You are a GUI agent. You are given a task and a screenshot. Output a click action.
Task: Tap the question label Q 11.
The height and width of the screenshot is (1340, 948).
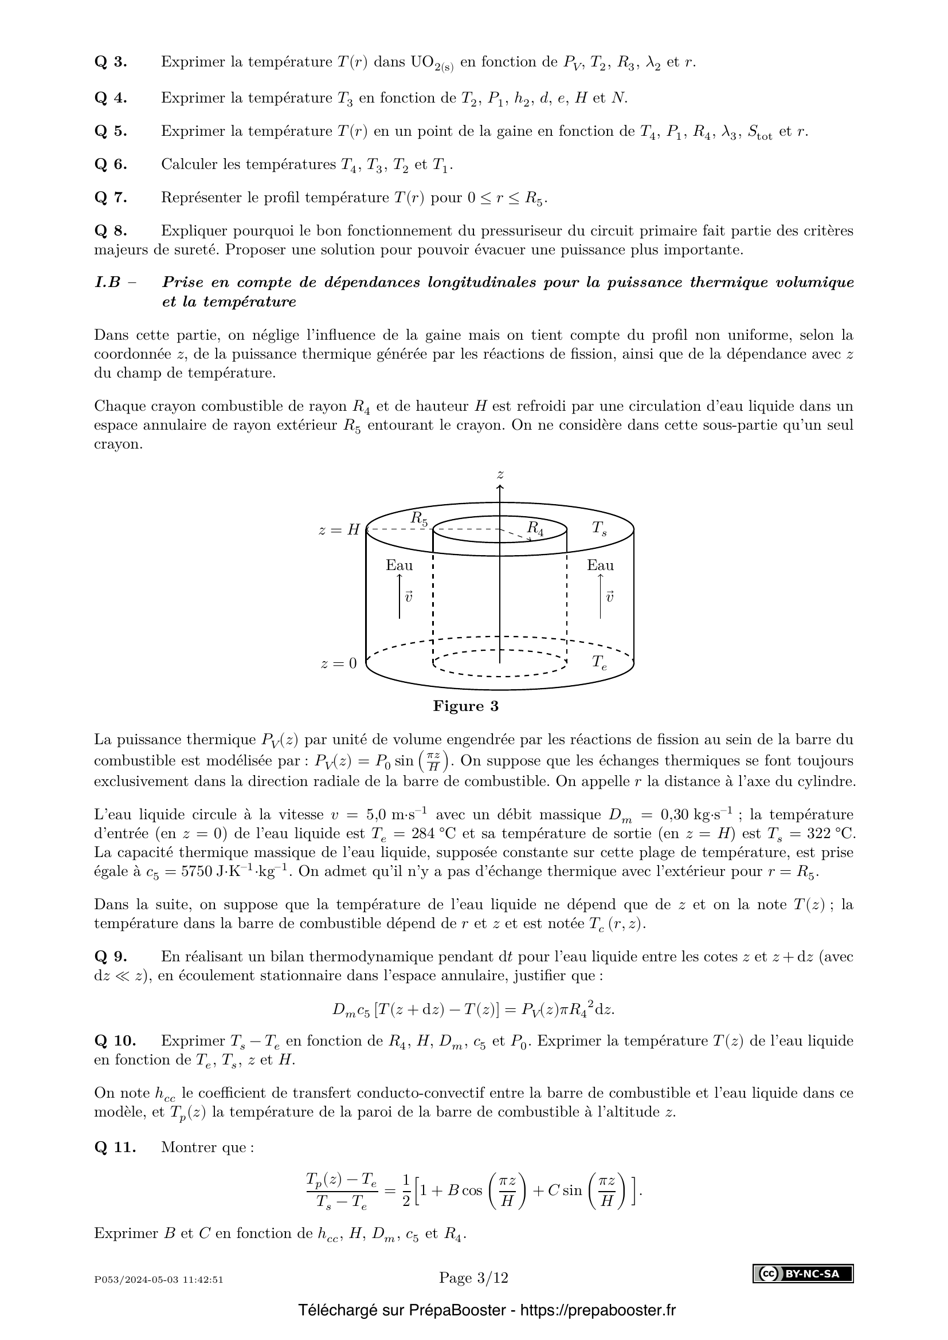115,1148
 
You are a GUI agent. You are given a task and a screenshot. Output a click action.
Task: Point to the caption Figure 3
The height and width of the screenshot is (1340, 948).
465,706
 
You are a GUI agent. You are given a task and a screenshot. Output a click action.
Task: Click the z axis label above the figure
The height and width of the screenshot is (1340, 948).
500,474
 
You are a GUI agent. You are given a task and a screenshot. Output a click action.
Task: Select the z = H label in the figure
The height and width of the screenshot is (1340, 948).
339,531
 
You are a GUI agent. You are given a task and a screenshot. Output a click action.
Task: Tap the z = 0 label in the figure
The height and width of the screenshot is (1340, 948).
339,663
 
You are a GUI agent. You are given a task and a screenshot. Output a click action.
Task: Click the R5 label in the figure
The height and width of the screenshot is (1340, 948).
418,518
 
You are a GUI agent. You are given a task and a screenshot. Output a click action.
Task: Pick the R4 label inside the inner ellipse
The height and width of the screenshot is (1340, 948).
535,528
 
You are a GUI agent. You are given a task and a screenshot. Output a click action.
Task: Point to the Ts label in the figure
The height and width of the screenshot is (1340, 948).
599,528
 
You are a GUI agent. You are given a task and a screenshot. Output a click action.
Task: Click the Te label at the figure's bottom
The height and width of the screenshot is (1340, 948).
599,662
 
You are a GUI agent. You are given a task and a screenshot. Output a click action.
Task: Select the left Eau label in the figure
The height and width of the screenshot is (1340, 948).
399,565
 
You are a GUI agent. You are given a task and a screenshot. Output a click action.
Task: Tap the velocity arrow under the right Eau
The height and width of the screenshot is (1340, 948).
601,596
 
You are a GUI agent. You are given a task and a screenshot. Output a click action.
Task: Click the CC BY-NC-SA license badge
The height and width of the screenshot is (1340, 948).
802,1274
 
